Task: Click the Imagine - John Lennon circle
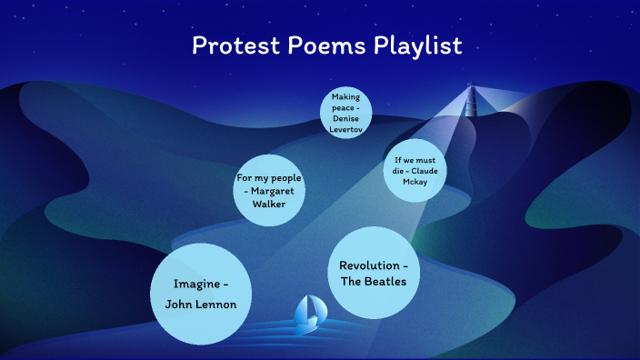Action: click(x=200, y=293)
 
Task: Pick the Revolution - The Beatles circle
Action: click(x=373, y=273)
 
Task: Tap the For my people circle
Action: click(x=268, y=191)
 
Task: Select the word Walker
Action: click(x=268, y=204)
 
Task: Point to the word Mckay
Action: click(x=414, y=181)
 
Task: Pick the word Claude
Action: click(x=425, y=171)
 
